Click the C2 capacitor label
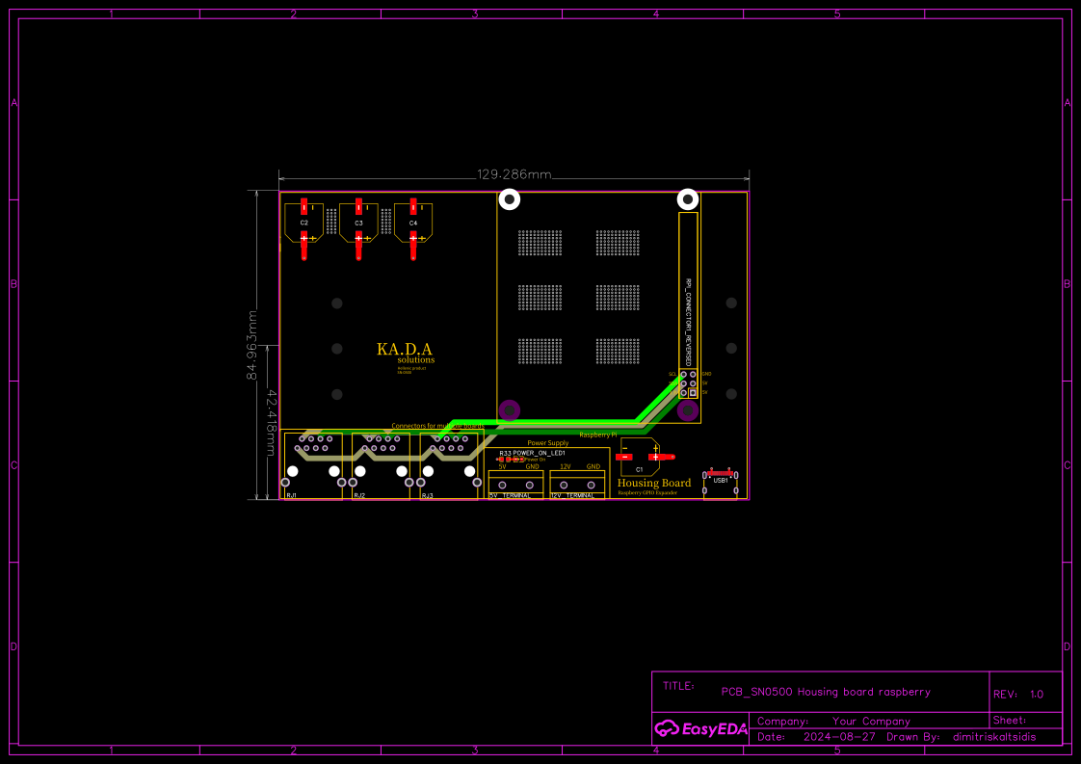(x=303, y=223)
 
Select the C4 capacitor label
(x=413, y=223)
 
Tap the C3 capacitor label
(x=358, y=223)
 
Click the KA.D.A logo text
(x=405, y=349)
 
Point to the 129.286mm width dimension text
(x=514, y=174)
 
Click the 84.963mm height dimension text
(x=253, y=344)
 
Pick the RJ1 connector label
(x=291, y=495)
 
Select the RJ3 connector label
(x=427, y=495)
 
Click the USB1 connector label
(x=721, y=480)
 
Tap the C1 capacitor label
(x=639, y=469)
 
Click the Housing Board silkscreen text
(x=654, y=483)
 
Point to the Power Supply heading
(x=547, y=443)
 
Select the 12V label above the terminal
(x=566, y=466)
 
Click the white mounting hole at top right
(x=688, y=199)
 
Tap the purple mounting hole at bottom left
(x=509, y=410)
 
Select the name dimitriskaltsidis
(x=994, y=737)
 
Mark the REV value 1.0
(x=1036, y=694)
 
